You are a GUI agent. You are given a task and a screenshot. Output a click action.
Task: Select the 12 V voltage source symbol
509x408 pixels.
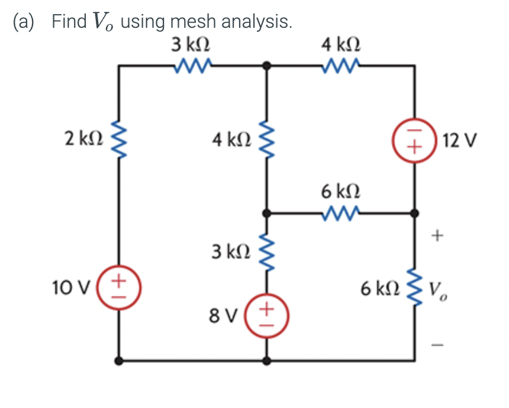(414, 143)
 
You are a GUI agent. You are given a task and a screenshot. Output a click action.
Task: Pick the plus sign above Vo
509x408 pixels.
(437, 237)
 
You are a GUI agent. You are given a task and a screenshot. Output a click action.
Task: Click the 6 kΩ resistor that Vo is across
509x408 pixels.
(414, 287)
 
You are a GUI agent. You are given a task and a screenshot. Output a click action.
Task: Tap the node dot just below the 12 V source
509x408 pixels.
(414, 212)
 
